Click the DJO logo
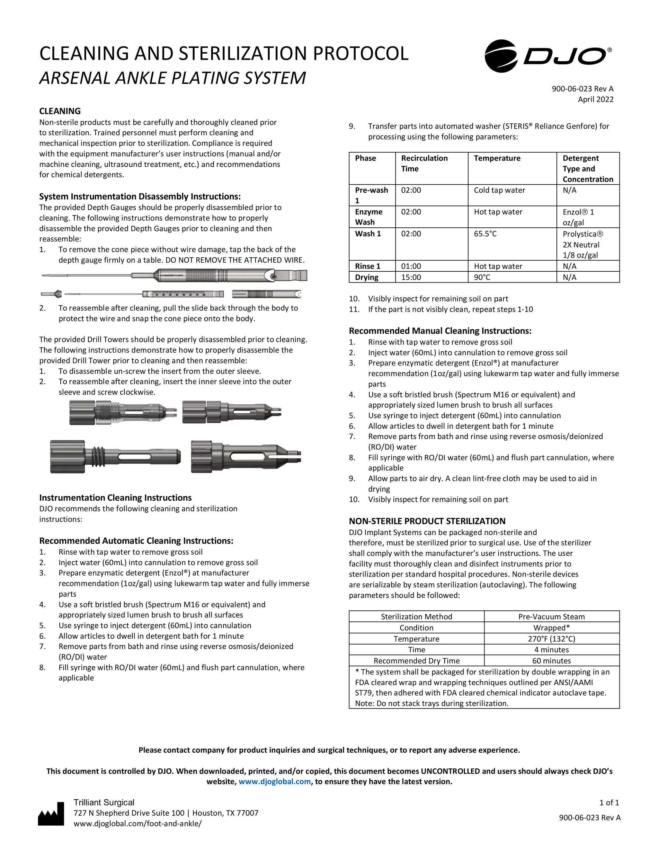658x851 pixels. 548,56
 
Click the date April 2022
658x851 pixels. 595,99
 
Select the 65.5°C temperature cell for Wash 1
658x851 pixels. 485,234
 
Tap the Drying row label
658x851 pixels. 366,277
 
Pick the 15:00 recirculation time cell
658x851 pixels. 411,277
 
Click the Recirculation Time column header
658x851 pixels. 424,163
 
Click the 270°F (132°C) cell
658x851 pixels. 551,639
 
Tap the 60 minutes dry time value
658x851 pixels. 551,661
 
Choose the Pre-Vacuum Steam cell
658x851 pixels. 551,617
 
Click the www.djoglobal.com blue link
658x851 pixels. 274,782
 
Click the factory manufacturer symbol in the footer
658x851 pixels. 51,814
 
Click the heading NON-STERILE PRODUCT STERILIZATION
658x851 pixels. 427,521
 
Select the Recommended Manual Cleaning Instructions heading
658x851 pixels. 440,331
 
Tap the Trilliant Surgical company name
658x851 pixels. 104,802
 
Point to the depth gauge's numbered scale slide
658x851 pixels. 182,294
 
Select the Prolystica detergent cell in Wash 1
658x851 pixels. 582,244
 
